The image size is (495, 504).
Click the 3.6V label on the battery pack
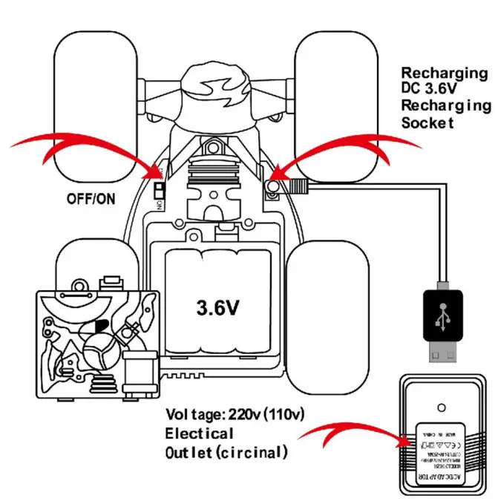point(216,307)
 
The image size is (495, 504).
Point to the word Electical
point(199,433)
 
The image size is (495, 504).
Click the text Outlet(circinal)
point(224,452)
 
